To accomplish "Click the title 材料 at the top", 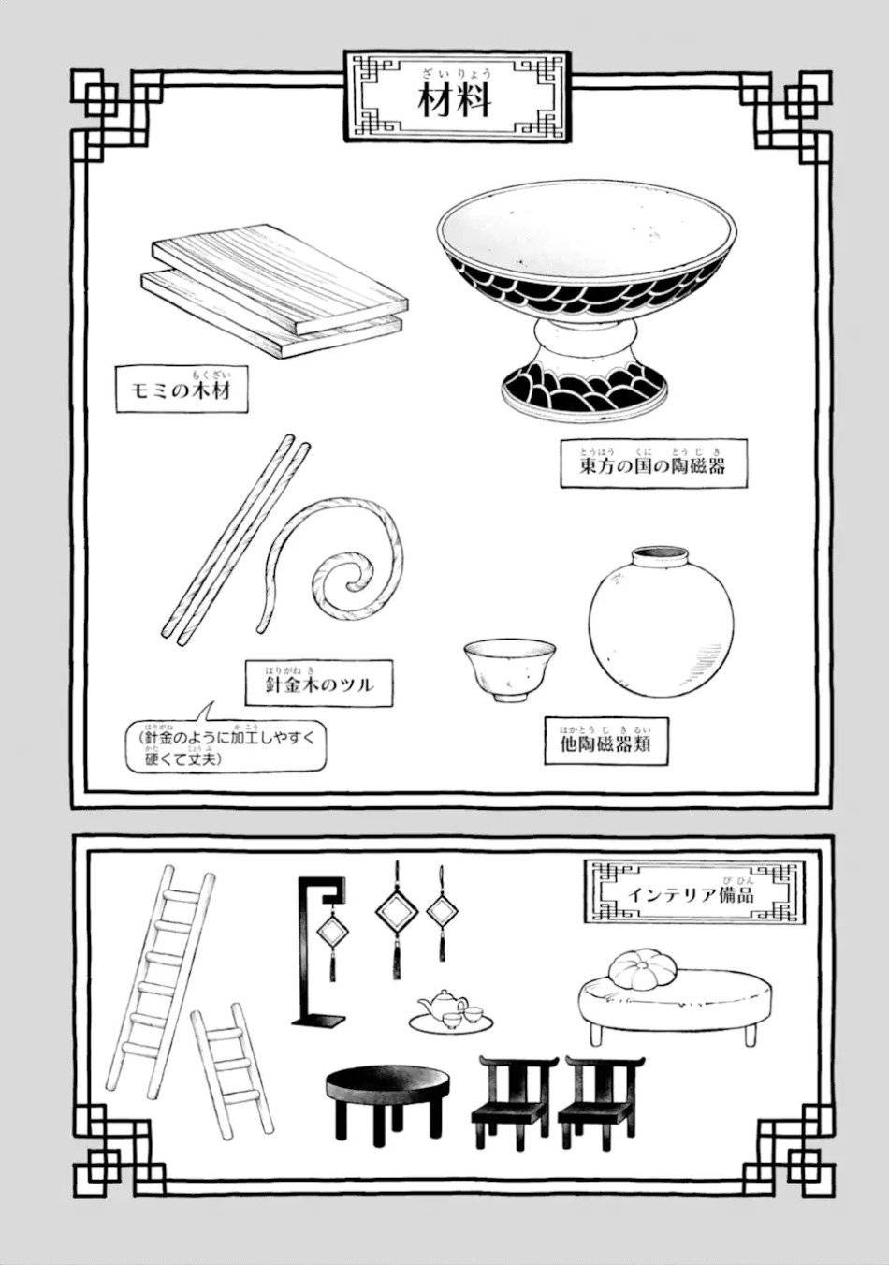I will pyautogui.click(x=455, y=97).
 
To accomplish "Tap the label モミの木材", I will pyautogui.click(x=172, y=392).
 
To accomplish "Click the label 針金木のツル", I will pyautogui.click(x=318, y=684).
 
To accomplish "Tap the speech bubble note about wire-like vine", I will pyautogui.click(x=226, y=747).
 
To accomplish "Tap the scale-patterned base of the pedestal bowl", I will pyautogui.click(x=584, y=384).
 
